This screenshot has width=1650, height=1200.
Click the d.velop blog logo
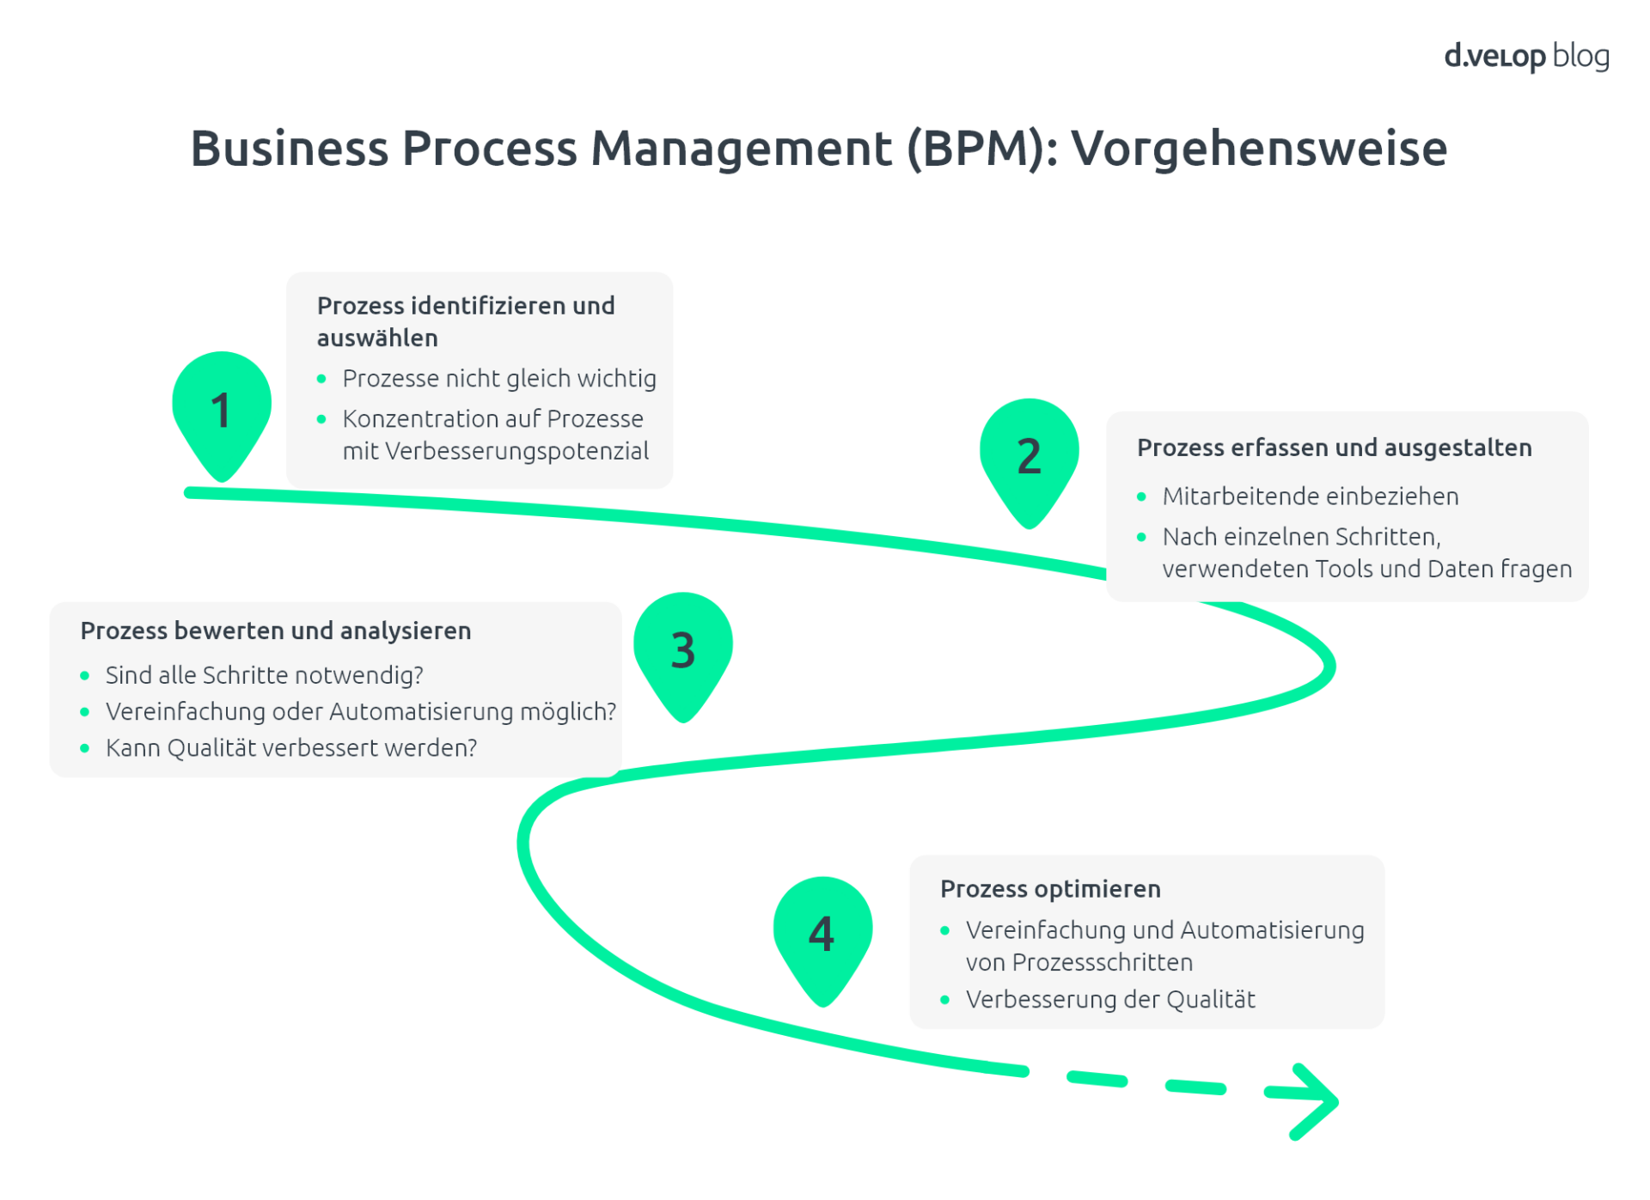coord(1525,57)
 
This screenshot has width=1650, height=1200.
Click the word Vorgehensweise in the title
coord(1259,149)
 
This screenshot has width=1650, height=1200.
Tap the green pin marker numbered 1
coord(222,410)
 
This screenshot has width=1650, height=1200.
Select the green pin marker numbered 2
coord(1029,457)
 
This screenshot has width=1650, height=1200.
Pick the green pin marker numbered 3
coord(682,651)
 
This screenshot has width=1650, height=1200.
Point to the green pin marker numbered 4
coord(822,935)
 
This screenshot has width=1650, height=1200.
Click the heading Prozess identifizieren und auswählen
coord(465,321)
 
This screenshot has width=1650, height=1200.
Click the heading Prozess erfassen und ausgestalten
coord(1334,448)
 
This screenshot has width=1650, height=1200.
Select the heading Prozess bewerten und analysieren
coord(275,630)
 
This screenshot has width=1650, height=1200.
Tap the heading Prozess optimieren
coord(1050,888)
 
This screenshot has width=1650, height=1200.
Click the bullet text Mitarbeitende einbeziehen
coord(1310,496)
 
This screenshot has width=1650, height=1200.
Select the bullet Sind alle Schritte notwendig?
coord(264,675)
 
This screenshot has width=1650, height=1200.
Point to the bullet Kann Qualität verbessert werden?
coord(290,748)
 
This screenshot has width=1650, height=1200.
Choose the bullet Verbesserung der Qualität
coord(1109,1000)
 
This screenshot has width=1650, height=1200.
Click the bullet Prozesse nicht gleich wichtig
coord(498,379)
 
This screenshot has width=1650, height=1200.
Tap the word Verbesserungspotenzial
coord(516,451)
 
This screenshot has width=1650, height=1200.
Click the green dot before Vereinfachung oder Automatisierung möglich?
coord(84,712)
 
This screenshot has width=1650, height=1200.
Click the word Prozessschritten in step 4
coord(1102,963)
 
